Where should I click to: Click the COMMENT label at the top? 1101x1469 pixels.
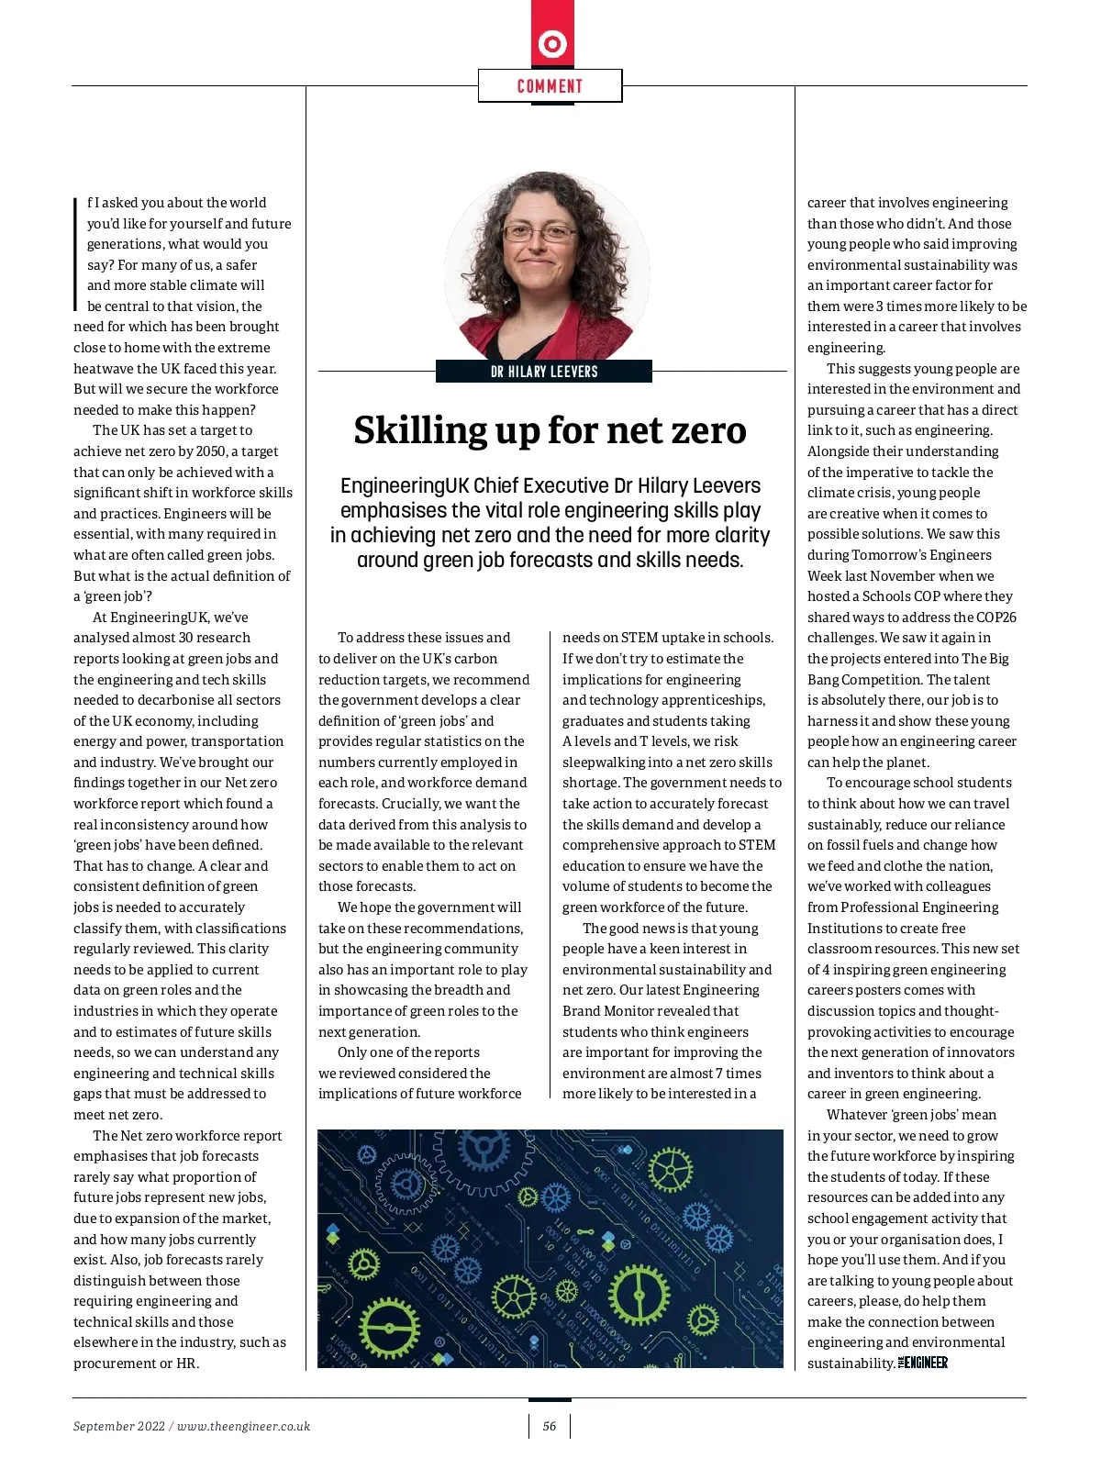point(550,86)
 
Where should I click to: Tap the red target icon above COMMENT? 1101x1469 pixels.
point(552,43)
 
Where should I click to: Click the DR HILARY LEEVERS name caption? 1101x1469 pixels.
point(544,372)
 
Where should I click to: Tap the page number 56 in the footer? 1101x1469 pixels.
point(550,1426)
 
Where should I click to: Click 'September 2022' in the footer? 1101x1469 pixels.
point(119,1426)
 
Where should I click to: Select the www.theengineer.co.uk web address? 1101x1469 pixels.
point(243,1426)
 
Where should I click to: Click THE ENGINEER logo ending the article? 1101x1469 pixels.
point(923,1363)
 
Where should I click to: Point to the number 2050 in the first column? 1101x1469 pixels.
point(211,451)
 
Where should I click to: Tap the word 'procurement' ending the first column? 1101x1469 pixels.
point(113,1363)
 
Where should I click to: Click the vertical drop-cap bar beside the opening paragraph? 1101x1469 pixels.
point(75,254)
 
